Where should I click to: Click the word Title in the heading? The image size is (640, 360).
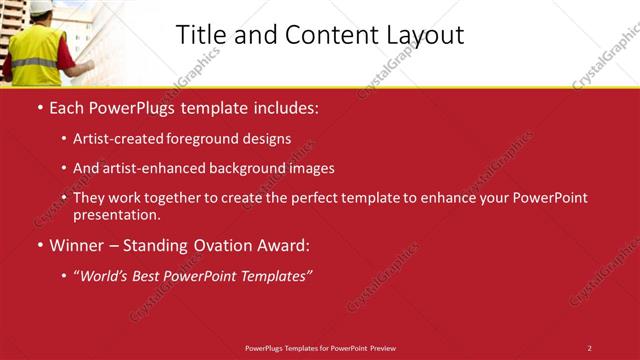click(200, 35)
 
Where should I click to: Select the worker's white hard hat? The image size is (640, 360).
click(40, 7)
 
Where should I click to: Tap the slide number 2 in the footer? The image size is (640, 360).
click(589, 348)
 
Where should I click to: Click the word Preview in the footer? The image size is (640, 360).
click(382, 348)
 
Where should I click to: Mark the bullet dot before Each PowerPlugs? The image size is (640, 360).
click(40, 106)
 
